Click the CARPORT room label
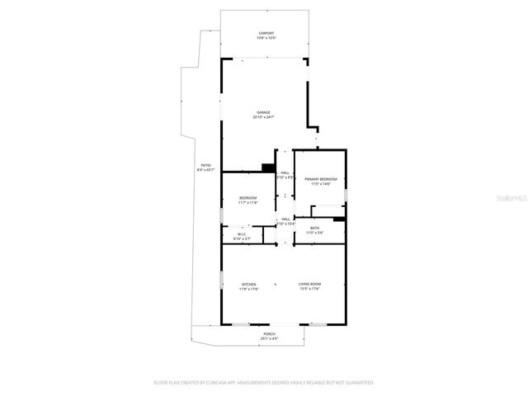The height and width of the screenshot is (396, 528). point(266,33)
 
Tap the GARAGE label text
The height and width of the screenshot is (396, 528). point(263,112)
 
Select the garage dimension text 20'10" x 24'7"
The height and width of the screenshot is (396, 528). point(263,117)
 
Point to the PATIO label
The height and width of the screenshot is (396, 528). point(206,165)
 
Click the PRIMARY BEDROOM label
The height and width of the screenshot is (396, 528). point(320,179)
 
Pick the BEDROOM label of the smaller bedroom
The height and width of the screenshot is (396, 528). point(248,197)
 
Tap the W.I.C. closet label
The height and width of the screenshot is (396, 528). point(242,234)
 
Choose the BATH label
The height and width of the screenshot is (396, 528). point(314,228)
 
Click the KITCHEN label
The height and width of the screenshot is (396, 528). point(248,284)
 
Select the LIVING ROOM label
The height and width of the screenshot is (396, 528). point(309,284)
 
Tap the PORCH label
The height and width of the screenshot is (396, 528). point(269,333)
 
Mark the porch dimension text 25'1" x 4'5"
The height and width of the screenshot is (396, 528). point(269,338)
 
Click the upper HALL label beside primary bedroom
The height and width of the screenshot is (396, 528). point(285,172)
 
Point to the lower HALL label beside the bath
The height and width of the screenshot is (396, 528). point(285,219)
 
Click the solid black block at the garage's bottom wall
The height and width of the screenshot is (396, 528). point(267,167)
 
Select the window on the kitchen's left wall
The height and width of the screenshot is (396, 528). point(221,280)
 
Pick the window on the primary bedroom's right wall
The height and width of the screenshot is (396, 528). point(346,195)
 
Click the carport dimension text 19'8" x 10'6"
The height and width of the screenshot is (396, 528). point(266,38)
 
